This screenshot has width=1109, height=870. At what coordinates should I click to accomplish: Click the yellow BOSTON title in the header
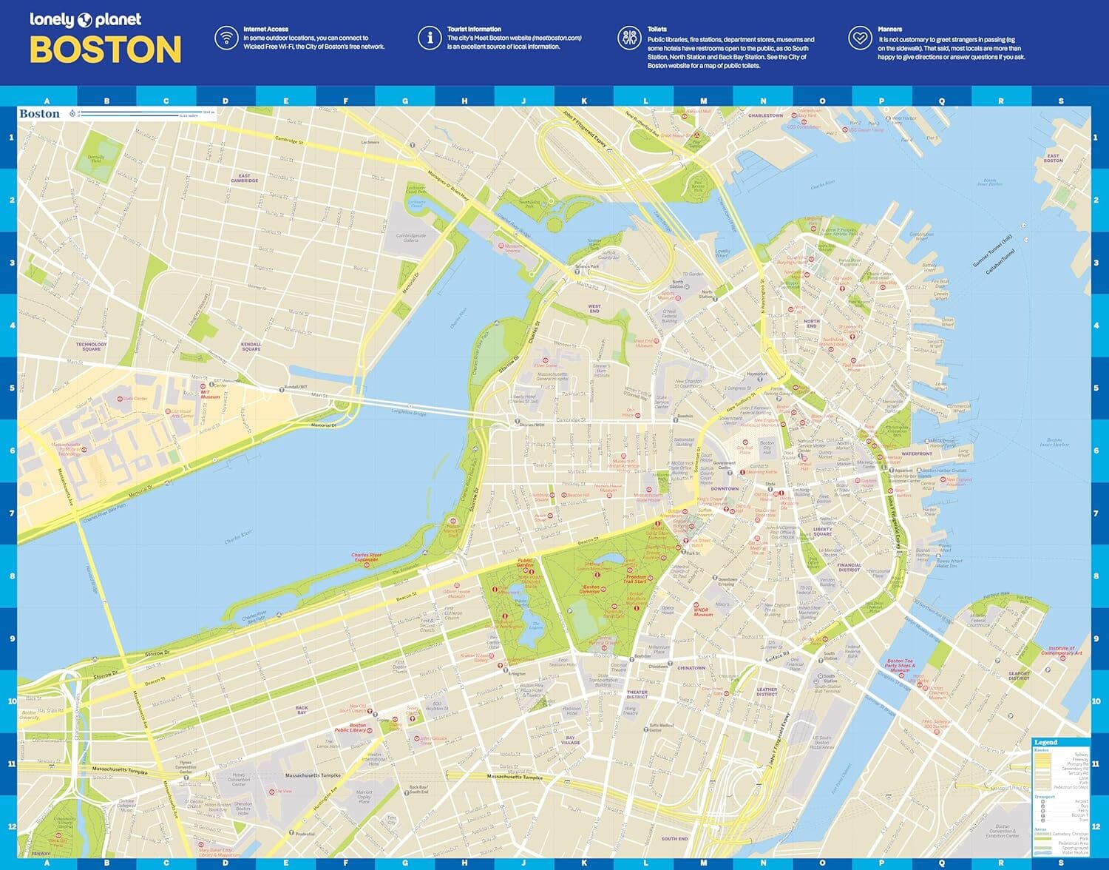(x=105, y=50)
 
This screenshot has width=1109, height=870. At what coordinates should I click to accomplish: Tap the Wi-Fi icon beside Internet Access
(x=226, y=37)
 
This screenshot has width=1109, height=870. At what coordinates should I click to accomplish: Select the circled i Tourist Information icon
(x=430, y=37)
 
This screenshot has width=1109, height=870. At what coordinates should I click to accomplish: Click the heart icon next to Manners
(x=860, y=37)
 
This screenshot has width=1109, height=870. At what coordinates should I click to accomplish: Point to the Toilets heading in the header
(x=657, y=29)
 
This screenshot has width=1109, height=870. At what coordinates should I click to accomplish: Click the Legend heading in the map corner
(x=1045, y=742)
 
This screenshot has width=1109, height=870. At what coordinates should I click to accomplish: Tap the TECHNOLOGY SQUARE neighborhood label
(x=91, y=346)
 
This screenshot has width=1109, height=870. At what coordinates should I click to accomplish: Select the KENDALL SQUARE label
(x=251, y=346)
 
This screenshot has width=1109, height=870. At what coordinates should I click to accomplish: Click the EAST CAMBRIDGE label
(x=245, y=178)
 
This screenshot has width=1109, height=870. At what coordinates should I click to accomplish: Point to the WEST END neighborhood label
(x=594, y=308)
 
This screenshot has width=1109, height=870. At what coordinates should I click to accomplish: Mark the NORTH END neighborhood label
(x=812, y=323)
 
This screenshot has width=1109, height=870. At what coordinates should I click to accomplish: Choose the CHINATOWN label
(x=691, y=668)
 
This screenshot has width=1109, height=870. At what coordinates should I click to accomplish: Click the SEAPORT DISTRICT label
(x=1019, y=675)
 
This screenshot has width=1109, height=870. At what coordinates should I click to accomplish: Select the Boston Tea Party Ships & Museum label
(x=900, y=665)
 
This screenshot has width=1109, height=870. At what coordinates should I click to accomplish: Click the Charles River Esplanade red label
(x=366, y=557)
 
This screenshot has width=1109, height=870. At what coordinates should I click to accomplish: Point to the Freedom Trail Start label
(x=635, y=579)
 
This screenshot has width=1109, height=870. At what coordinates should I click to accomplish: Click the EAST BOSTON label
(x=1053, y=158)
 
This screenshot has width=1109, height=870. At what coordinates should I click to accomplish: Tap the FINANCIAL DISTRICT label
(x=849, y=567)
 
